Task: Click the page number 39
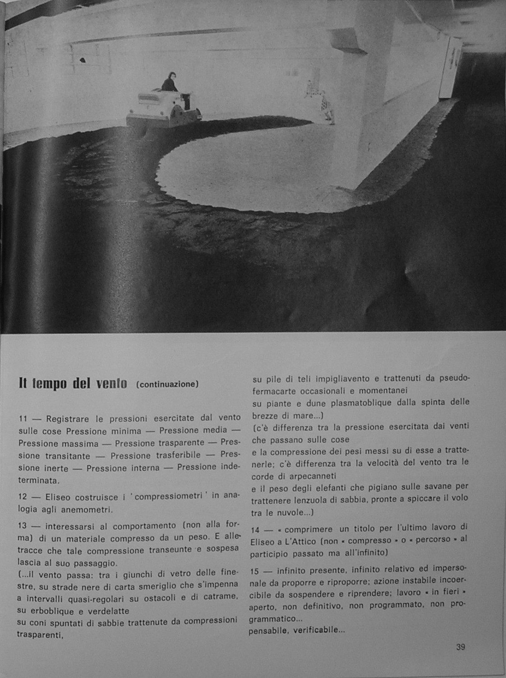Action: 460,647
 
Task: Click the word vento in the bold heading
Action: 111,383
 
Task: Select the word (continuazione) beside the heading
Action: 167,384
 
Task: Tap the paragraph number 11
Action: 23,419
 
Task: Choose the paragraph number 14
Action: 255,530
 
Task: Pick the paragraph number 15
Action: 255,571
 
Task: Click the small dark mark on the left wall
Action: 83,59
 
